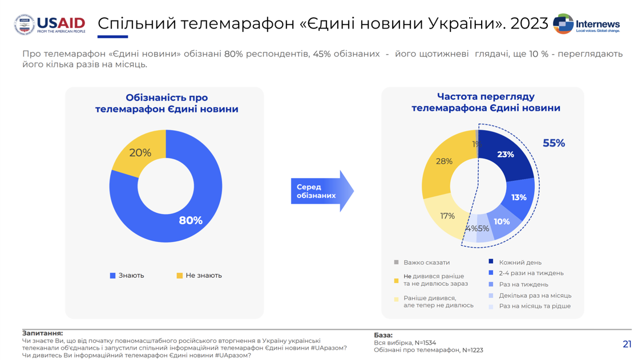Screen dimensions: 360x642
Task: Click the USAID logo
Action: (x=50, y=25)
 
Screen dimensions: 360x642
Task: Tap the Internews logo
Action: (x=586, y=25)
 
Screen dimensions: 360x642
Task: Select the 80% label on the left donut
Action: (x=191, y=220)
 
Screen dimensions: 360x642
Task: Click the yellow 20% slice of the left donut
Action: (x=139, y=152)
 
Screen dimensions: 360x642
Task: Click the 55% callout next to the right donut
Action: (x=554, y=143)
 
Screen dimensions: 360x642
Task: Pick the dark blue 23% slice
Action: (x=506, y=155)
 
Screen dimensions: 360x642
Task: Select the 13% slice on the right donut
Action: (x=518, y=197)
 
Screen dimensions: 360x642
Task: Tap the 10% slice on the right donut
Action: (x=502, y=222)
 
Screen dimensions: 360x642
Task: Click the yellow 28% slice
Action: (x=444, y=161)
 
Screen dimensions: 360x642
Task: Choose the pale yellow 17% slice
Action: (x=447, y=216)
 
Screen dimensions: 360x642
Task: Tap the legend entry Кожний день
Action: (x=520, y=262)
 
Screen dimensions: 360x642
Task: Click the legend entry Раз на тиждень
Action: (x=523, y=284)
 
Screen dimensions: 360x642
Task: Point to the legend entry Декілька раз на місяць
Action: (x=535, y=296)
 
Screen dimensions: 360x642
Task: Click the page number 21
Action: (x=627, y=344)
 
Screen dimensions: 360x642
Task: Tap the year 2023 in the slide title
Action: (x=528, y=23)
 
